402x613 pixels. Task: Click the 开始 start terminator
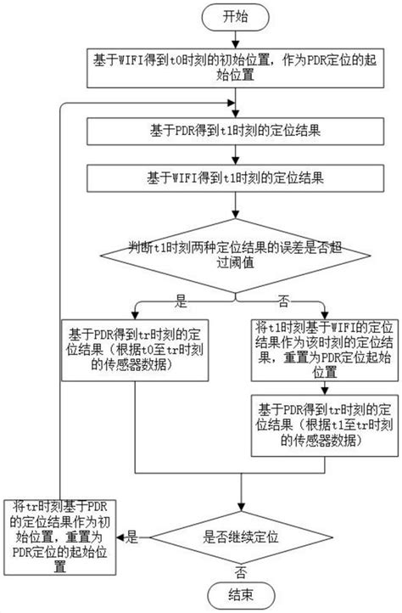coord(236,15)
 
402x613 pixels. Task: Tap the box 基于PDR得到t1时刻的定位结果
coord(235,133)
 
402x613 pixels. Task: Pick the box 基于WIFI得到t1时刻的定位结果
coord(235,181)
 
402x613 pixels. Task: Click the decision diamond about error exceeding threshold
coord(236,256)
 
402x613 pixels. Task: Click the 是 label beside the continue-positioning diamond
coord(132,536)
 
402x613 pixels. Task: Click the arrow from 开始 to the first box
coord(236,39)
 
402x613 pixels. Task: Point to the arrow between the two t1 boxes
coord(236,157)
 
